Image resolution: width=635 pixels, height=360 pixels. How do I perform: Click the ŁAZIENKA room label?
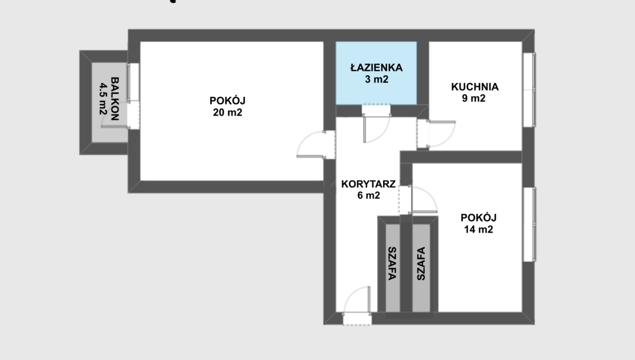click(376, 68)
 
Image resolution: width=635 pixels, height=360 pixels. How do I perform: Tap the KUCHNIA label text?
click(475, 87)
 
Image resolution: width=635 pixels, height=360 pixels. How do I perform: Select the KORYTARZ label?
click(368, 184)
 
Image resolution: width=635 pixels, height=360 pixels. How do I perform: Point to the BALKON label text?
click(115, 98)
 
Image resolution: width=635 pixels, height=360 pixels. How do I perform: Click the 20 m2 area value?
click(228, 112)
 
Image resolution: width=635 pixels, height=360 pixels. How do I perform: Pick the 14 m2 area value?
click(478, 229)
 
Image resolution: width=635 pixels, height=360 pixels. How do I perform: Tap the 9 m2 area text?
click(474, 98)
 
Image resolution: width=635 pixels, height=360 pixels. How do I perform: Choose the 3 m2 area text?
click(376, 79)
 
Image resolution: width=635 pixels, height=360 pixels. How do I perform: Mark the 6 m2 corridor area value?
click(368, 195)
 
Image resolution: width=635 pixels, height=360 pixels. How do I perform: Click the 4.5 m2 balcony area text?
click(103, 98)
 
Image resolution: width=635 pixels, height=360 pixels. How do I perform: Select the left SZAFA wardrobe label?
click(392, 264)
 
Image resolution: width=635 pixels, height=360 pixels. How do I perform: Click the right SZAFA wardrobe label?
click(421, 264)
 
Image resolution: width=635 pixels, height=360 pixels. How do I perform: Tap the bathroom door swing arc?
click(383, 134)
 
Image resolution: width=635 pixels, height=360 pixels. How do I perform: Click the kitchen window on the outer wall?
click(529, 89)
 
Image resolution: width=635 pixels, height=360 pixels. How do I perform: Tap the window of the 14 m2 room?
click(529, 224)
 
